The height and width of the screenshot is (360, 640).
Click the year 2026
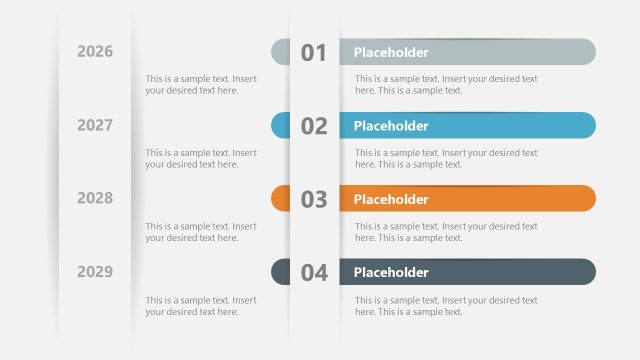95,52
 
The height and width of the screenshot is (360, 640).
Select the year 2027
95,125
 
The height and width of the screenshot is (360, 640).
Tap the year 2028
95,198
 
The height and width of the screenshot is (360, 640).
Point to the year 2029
95,271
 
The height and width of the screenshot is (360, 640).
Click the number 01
314,53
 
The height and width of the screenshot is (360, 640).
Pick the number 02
314,126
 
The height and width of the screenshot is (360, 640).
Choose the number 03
314,199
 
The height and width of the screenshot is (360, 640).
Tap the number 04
314,272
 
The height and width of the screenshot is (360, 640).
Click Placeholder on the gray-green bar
391,52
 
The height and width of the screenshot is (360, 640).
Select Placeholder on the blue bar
391,126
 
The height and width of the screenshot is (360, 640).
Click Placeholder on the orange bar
391,199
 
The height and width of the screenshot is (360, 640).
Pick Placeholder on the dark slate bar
391,272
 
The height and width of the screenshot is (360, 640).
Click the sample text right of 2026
201,84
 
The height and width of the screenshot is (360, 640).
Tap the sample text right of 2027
201,158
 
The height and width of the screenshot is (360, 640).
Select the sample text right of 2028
201,232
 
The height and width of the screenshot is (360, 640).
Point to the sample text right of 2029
201,305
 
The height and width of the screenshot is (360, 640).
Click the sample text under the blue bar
446,158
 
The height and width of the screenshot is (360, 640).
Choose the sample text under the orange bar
446,232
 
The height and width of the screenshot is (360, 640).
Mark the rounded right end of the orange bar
586,199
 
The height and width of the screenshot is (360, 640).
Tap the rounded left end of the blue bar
280,125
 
